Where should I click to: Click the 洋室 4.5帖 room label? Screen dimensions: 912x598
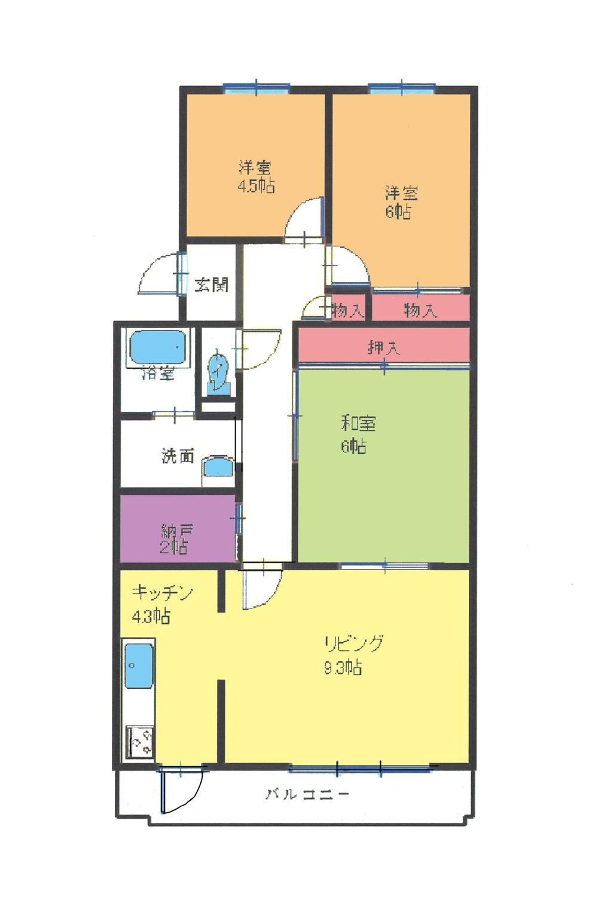tap(257, 176)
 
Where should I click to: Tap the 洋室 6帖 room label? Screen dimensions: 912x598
tap(401, 202)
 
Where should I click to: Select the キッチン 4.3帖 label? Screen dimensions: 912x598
tap(161, 604)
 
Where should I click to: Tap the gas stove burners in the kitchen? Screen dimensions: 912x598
tap(140, 742)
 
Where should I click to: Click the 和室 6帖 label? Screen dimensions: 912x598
tap(358, 434)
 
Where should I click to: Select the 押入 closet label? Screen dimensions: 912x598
tap(383, 347)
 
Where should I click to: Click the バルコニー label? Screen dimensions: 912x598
tap(307, 794)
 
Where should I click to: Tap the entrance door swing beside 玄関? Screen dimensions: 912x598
tap(158, 275)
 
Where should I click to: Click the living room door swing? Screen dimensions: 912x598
tap(260, 589)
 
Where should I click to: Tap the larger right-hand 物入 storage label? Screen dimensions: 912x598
tap(420, 310)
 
